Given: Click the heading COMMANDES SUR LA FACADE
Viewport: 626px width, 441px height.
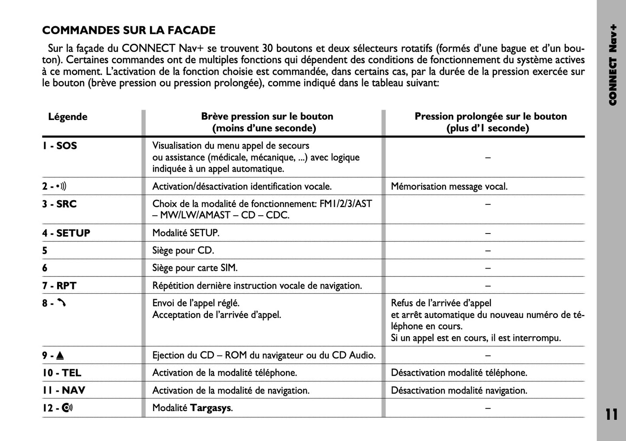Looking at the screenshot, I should pyautogui.click(x=129, y=30).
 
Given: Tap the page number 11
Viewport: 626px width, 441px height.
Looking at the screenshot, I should pyautogui.click(x=611, y=415).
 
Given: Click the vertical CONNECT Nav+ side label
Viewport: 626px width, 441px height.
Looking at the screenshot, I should pyautogui.click(x=612, y=65).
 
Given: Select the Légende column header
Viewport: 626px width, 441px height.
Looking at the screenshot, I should pyautogui.click(x=68, y=117).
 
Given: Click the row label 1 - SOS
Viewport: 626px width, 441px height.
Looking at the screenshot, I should pyautogui.click(x=59, y=146).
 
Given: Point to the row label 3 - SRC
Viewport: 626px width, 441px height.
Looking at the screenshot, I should pyautogui.click(x=59, y=204).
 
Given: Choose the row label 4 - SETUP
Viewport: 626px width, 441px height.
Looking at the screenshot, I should pyautogui.click(x=66, y=233).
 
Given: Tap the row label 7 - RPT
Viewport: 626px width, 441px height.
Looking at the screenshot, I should pyautogui.click(x=59, y=285).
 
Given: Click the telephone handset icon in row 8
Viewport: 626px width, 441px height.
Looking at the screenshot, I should pyautogui.click(x=62, y=303).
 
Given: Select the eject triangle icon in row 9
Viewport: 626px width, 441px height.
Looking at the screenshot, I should pyautogui.click(x=60, y=356).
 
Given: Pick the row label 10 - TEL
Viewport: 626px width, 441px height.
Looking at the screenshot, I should pyautogui.click(x=62, y=373).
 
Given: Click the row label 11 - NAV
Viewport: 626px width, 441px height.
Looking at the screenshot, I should pyautogui.click(x=64, y=390).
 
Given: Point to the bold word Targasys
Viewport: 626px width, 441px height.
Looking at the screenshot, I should pyautogui.click(x=211, y=408).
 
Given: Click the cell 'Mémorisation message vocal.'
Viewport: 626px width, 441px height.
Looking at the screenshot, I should pyautogui.click(x=449, y=187).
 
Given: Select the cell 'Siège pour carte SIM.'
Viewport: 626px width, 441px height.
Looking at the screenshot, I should pyautogui.click(x=195, y=268).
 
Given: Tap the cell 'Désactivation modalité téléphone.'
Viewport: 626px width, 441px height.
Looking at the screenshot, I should pyautogui.click(x=459, y=373).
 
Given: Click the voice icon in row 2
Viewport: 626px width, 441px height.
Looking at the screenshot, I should pyautogui.click(x=62, y=187).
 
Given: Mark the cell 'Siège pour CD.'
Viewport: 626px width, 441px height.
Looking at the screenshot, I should pyautogui.click(x=183, y=250).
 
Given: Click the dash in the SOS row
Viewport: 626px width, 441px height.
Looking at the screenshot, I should pyautogui.click(x=488, y=158).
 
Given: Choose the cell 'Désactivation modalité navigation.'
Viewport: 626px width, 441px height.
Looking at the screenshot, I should pyautogui.click(x=459, y=390).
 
